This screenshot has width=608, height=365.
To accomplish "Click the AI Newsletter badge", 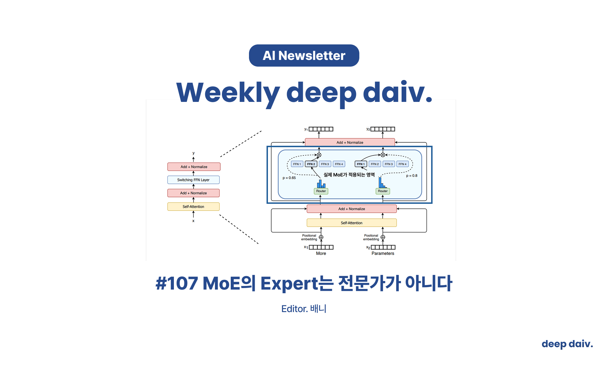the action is click(x=304, y=56).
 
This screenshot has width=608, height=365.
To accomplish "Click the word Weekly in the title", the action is click(x=228, y=93).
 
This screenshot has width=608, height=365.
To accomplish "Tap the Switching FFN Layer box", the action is click(x=193, y=180).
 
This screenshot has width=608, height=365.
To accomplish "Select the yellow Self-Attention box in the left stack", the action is click(x=193, y=207).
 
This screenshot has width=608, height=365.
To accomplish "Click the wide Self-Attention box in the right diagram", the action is click(x=352, y=223).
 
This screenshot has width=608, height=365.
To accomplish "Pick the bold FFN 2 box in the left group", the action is click(x=311, y=164).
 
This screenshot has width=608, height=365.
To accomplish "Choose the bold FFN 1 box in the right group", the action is click(x=361, y=164).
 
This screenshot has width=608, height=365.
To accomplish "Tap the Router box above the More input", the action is click(x=321, y=191).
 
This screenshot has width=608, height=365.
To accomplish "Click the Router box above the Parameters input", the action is click(x=383, y=191).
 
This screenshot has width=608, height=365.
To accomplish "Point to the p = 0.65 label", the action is click(x=289, y=178).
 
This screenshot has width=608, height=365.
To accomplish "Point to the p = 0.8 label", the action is click(x=412, y=176).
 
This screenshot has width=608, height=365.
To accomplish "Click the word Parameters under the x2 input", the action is click(x=383, y=253).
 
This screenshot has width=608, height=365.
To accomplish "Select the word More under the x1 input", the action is click(x=321, y=253).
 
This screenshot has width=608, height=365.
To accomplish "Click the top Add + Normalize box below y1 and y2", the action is click(x=350, y=142).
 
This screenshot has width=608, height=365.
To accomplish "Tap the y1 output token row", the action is click(x=321, y=129).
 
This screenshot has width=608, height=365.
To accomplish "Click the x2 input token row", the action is click(x=383, y=247).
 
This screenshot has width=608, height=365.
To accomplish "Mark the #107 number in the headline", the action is click(x=177, y=283).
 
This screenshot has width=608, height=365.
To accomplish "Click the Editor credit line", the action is click(x=304, y=309).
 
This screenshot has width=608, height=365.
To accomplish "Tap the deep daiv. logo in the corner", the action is click(x=567, y=344).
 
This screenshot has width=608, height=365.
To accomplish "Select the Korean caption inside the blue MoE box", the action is click(x=349, y=175).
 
